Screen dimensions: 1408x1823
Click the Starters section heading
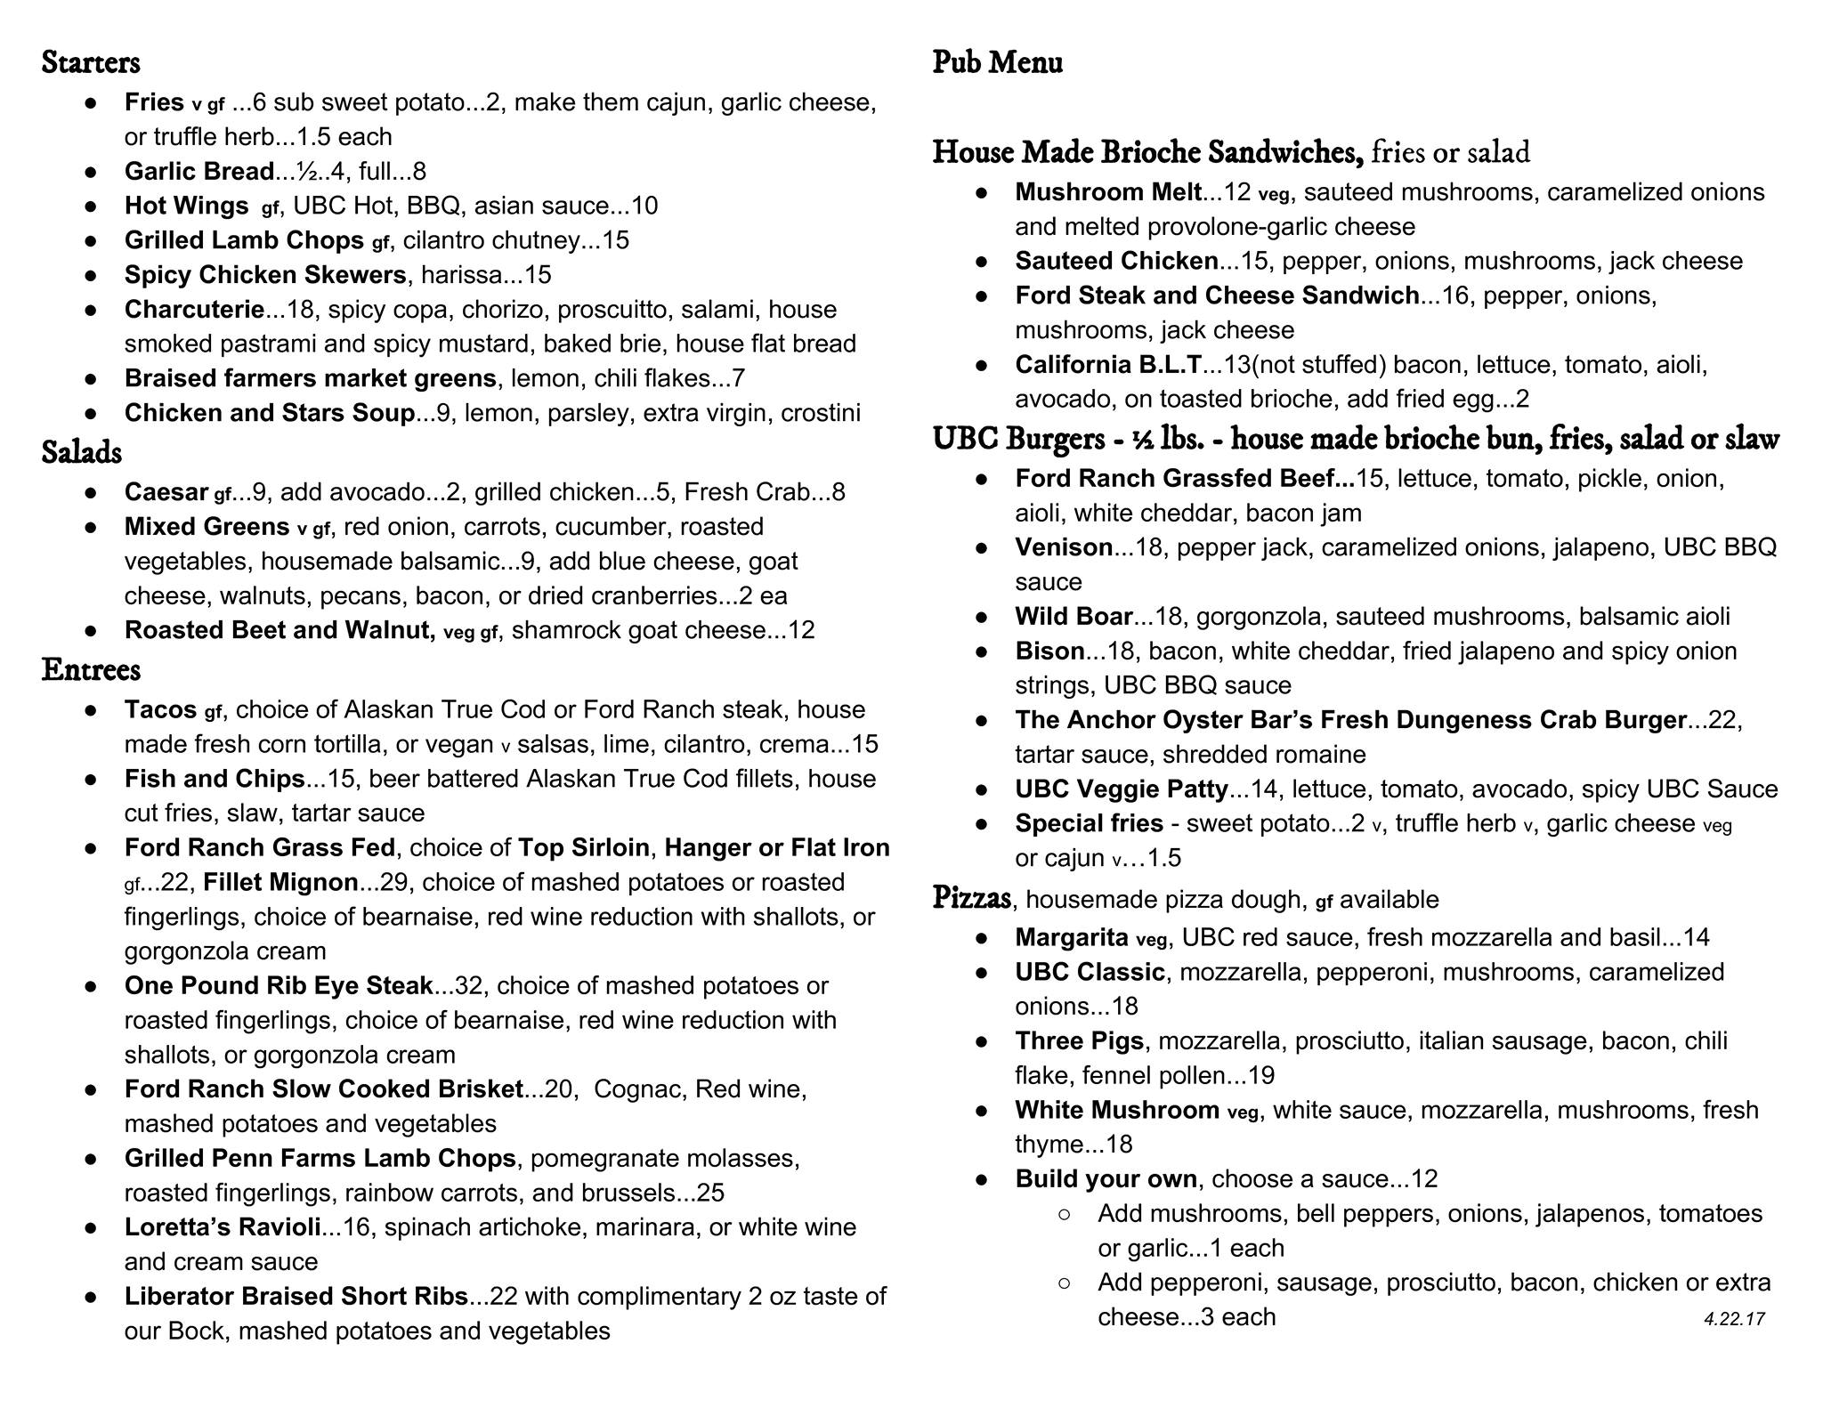point(91,62)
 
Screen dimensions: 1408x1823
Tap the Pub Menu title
point(997,62)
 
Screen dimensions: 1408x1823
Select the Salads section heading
point(82,452)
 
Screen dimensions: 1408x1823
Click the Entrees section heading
point(91,669)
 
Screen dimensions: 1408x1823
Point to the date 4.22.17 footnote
point(1734,1319)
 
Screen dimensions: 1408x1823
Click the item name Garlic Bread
point(199,171)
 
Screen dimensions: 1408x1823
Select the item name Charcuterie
point(194,310)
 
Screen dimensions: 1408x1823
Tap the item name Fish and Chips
point(215,779)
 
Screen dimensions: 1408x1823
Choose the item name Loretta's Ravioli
point(223,1227)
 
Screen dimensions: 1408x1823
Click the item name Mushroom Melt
point(1108,192)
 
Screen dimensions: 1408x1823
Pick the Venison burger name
point(1064,547)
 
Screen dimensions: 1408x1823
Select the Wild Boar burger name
point(1074,616)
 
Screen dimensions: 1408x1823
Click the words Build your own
point(1106,1179)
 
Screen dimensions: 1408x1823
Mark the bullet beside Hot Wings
point(91,206)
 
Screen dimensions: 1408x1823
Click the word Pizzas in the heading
point(971,898)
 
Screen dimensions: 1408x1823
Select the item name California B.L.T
point(1108,365)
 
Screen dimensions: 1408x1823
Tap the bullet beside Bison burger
point(982,651)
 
